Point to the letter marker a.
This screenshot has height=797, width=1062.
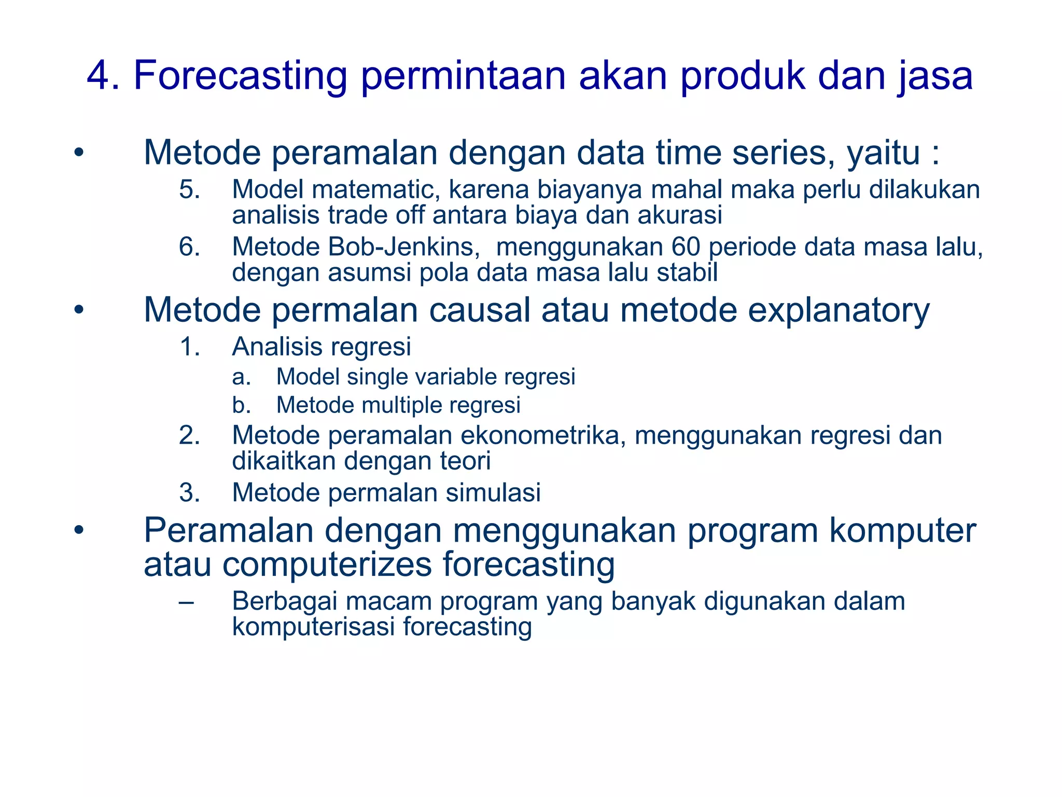(x=241, y=377)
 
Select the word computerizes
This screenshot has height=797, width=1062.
(x=327, y=564)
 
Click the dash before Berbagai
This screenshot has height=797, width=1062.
(x=186, y=602)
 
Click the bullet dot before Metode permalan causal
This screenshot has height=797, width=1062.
(x=78, y=310)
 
